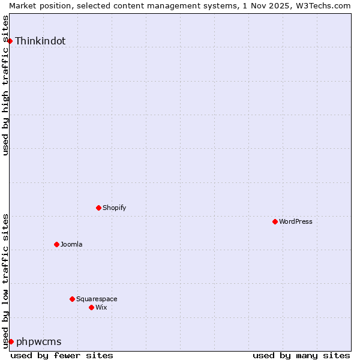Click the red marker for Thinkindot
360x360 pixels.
click(10, 41)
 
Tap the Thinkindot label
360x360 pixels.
click(40, 41)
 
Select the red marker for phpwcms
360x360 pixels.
click(11, 341)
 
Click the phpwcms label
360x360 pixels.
click(39, 342)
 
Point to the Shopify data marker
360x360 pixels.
click(98, 208)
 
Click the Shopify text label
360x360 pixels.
click(114, 208)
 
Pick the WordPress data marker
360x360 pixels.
click(275, 221)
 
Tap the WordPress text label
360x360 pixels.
click(295, 222)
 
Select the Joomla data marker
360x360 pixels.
click(56, 244)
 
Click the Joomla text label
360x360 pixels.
click(71, 245)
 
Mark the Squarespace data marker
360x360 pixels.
click(72, 299)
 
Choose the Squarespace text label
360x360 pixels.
click(97, 299)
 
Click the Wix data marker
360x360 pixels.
click(91, 307)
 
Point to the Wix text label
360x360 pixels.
click(101, 308)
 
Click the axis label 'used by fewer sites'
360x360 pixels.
click(62, 355)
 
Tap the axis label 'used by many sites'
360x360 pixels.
click(301, 355)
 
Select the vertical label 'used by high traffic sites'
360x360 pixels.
click(5, 85)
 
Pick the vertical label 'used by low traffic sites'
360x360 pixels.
click(5, 280)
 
